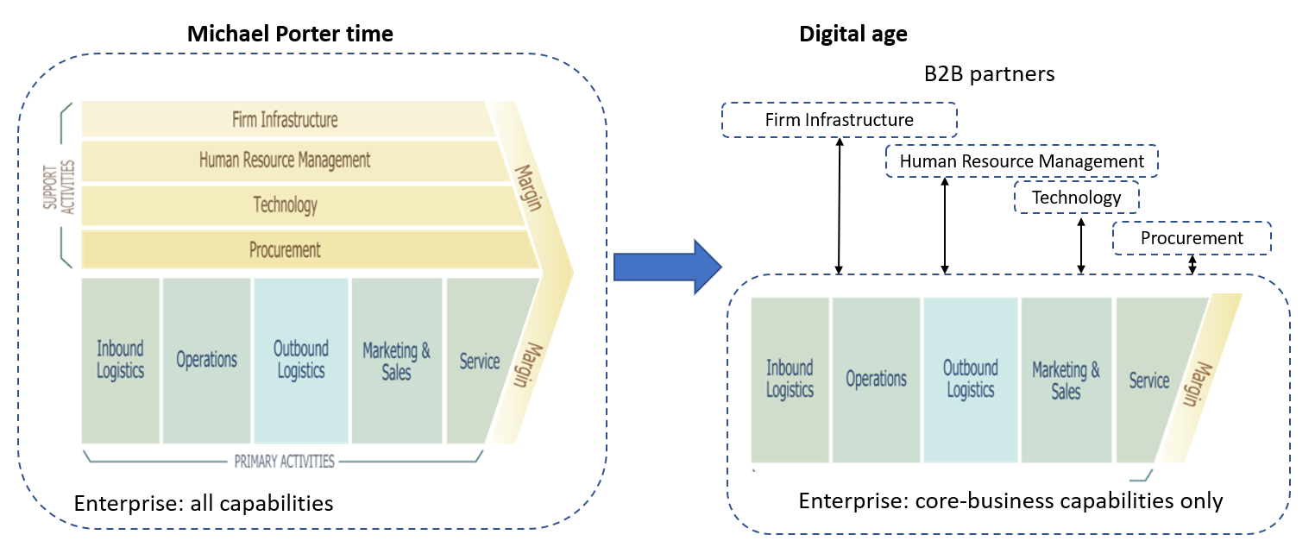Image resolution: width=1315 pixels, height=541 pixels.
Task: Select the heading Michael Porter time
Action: (x=291, y=35)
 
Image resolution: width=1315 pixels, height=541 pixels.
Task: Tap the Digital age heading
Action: (x=853, y=35)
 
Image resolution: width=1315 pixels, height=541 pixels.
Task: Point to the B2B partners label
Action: (x=989, y=74)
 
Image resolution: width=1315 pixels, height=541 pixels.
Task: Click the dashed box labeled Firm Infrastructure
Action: (x=839, y=120)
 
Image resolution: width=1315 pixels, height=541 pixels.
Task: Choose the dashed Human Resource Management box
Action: (x=1022, y=161)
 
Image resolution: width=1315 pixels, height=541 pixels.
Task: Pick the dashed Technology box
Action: (x=1076, y=198)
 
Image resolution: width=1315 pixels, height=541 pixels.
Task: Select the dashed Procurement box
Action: (x=1192, y=238)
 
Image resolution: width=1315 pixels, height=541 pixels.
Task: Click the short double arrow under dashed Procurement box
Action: (x=1192, y=265)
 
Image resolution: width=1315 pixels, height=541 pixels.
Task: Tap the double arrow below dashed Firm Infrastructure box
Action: (x=839, y=206)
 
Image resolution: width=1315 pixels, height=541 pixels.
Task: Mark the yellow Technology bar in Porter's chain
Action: (x=286, y=205)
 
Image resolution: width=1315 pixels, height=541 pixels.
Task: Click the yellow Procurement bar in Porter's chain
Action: (x=286, y=250)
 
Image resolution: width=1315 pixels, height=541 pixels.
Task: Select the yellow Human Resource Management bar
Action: (x=285, y=160)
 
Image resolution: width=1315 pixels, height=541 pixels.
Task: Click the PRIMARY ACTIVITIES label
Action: (x=284, y=461)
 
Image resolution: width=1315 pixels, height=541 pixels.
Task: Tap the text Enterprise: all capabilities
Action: (x=204, y=503)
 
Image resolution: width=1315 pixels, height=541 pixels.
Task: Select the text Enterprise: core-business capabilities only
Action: (x=1010, y=501)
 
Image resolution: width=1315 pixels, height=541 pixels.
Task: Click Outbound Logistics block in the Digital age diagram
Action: (x=971, y=380)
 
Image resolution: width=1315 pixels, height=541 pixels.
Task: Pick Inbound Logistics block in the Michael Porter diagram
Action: (x=120, y=360)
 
